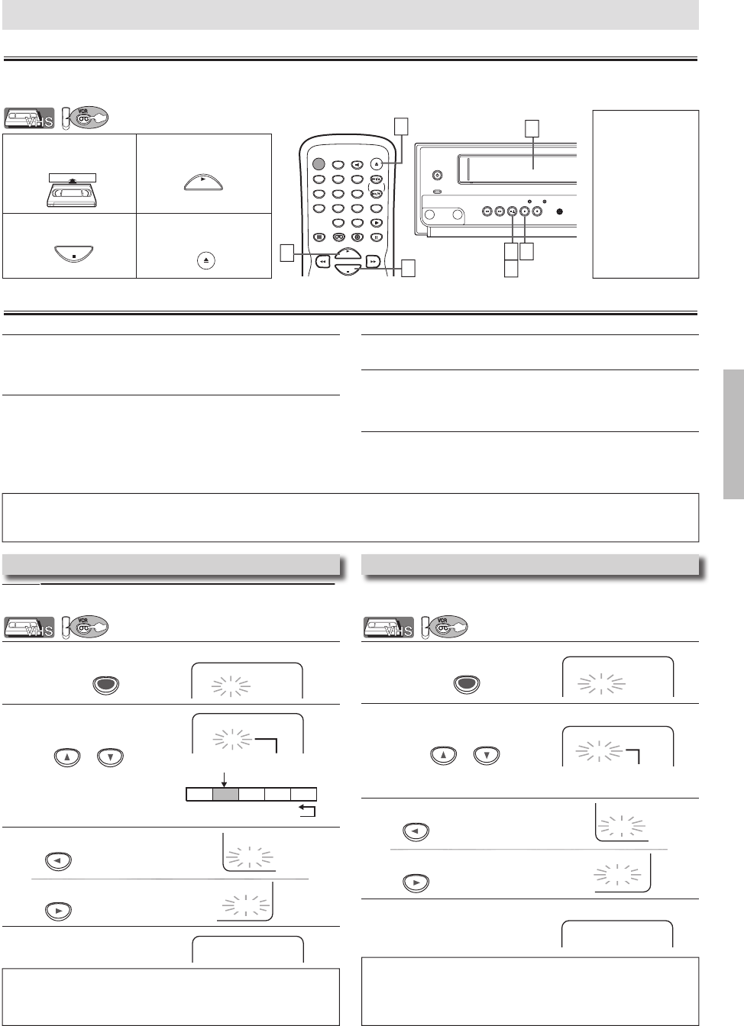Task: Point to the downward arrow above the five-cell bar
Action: click(x=224, y=777)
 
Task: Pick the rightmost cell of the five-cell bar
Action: click(x=304, y=795)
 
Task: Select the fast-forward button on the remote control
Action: click(x=372, y=260)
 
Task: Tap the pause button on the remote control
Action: click(x=377, y=237)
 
